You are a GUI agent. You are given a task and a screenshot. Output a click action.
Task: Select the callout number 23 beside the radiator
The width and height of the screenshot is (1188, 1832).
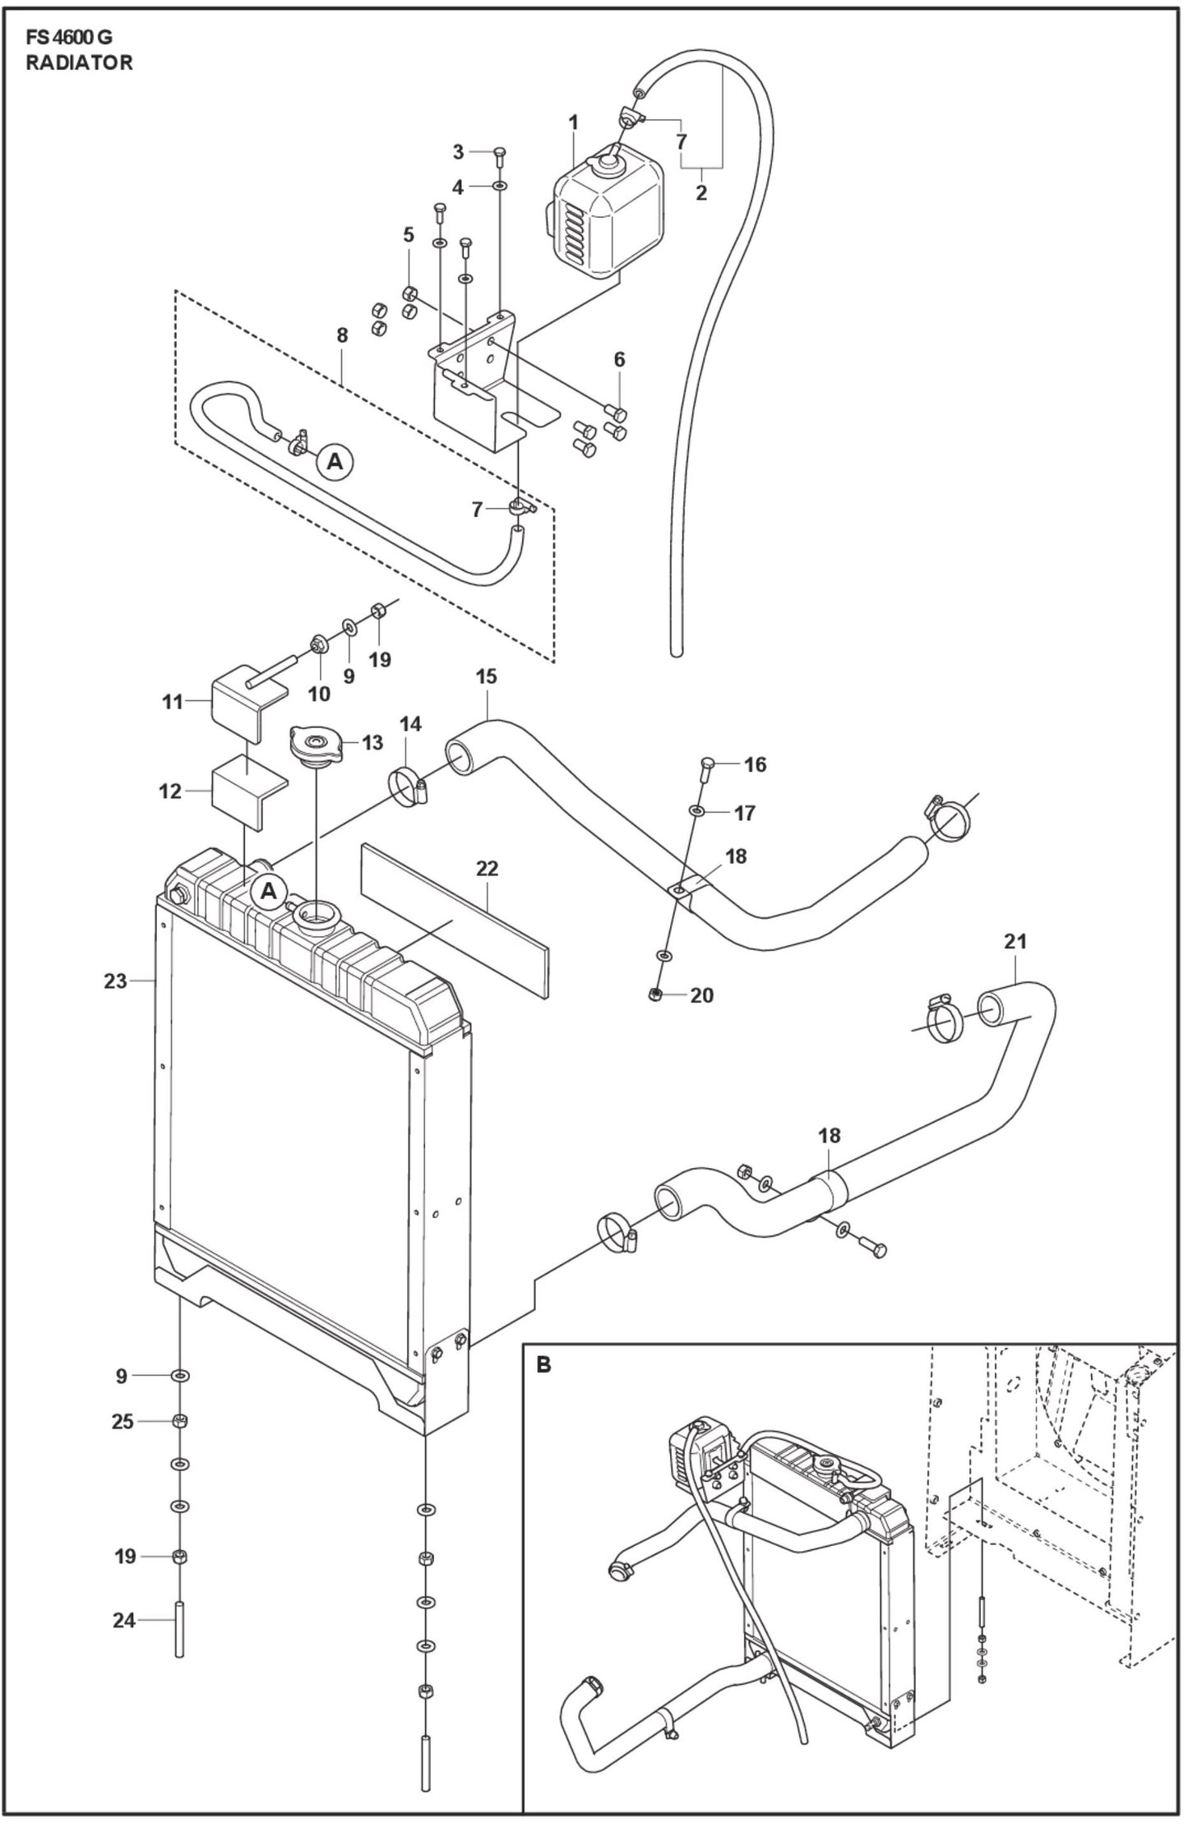click(115, 981)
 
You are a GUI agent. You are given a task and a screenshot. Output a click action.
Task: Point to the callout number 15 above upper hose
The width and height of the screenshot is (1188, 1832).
click(486, 676)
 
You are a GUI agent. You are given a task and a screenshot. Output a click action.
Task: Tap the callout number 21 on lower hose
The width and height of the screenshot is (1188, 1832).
click(1015, 941)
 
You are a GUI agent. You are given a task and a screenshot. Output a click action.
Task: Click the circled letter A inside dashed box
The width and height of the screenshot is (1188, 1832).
click(335, 462)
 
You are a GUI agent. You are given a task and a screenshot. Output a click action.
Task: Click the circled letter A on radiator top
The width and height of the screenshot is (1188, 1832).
click(269, 891)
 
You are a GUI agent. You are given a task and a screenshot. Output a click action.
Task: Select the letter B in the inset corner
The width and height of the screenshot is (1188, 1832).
click(543, 1365)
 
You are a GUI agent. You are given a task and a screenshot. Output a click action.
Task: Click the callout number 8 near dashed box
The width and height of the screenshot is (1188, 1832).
click(342, 335)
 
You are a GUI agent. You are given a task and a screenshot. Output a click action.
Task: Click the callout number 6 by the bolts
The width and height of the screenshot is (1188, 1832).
click(619, 359)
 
